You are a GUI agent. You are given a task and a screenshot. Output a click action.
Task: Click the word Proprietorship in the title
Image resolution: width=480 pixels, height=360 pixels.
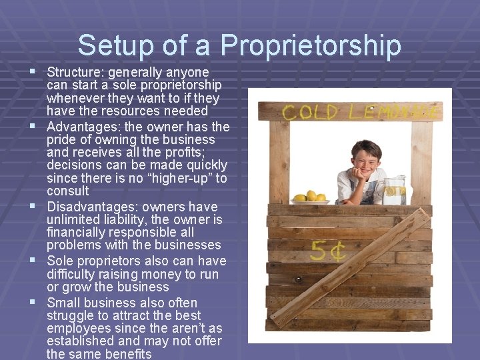311,46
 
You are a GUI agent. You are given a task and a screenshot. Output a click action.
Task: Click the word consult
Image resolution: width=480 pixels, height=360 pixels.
68,191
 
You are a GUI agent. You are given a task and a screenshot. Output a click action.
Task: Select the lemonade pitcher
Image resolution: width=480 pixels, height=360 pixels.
393,190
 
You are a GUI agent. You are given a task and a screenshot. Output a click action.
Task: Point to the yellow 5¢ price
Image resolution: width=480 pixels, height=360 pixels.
328,251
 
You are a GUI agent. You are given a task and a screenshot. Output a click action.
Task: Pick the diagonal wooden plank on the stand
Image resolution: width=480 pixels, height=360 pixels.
353,267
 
